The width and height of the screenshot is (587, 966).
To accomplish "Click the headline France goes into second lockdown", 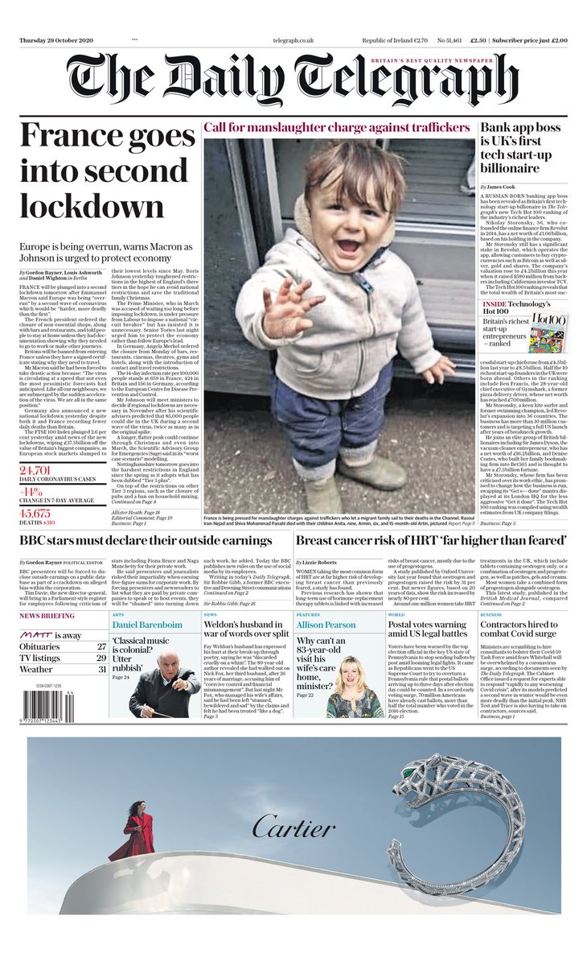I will click(103, 170).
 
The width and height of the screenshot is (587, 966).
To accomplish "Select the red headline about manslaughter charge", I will click(336, 127).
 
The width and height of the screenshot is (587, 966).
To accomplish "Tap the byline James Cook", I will click(505, 187).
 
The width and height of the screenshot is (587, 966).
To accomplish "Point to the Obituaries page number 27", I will click(101, 646).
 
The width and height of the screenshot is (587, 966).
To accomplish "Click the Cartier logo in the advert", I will click(293, 828).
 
